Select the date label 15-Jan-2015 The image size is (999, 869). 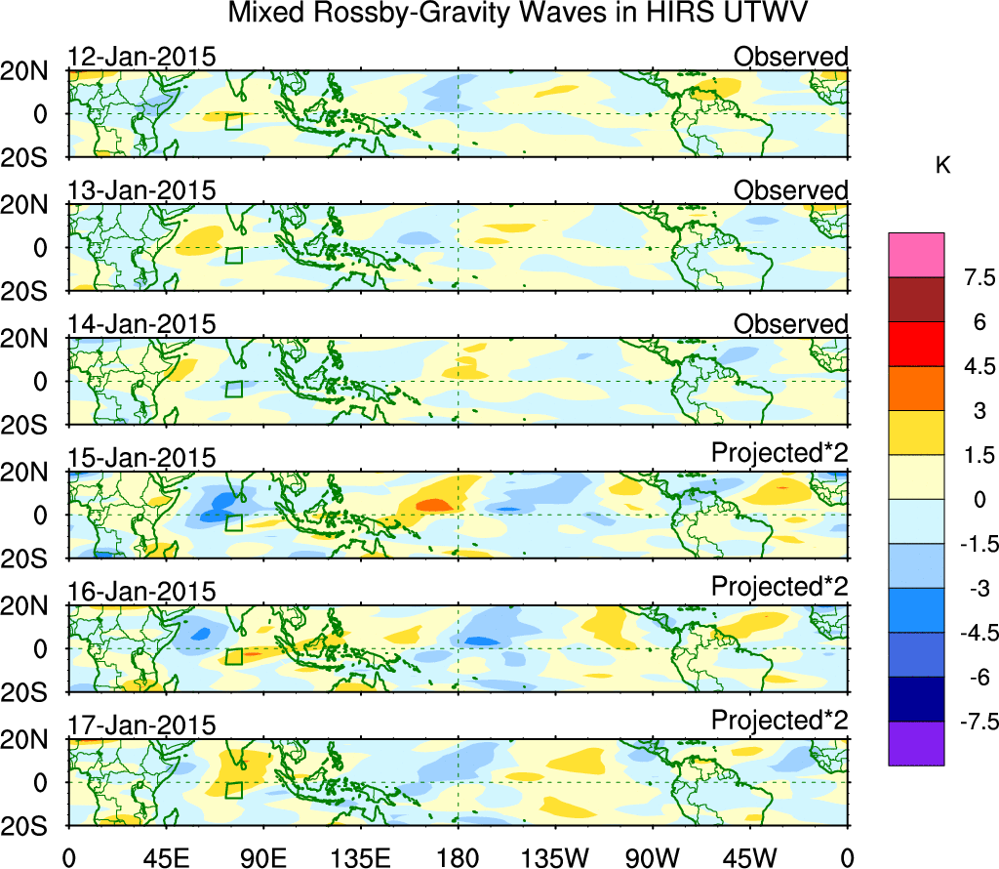point(141,458)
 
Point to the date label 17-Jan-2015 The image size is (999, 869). point(141,725)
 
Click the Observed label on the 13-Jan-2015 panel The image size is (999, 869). point(790,190)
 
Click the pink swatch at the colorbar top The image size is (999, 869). point(916,255)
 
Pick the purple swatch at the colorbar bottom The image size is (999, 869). point(916,743)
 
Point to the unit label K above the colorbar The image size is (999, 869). point(942,166)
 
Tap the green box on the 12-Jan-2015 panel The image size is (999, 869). point(233,122)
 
